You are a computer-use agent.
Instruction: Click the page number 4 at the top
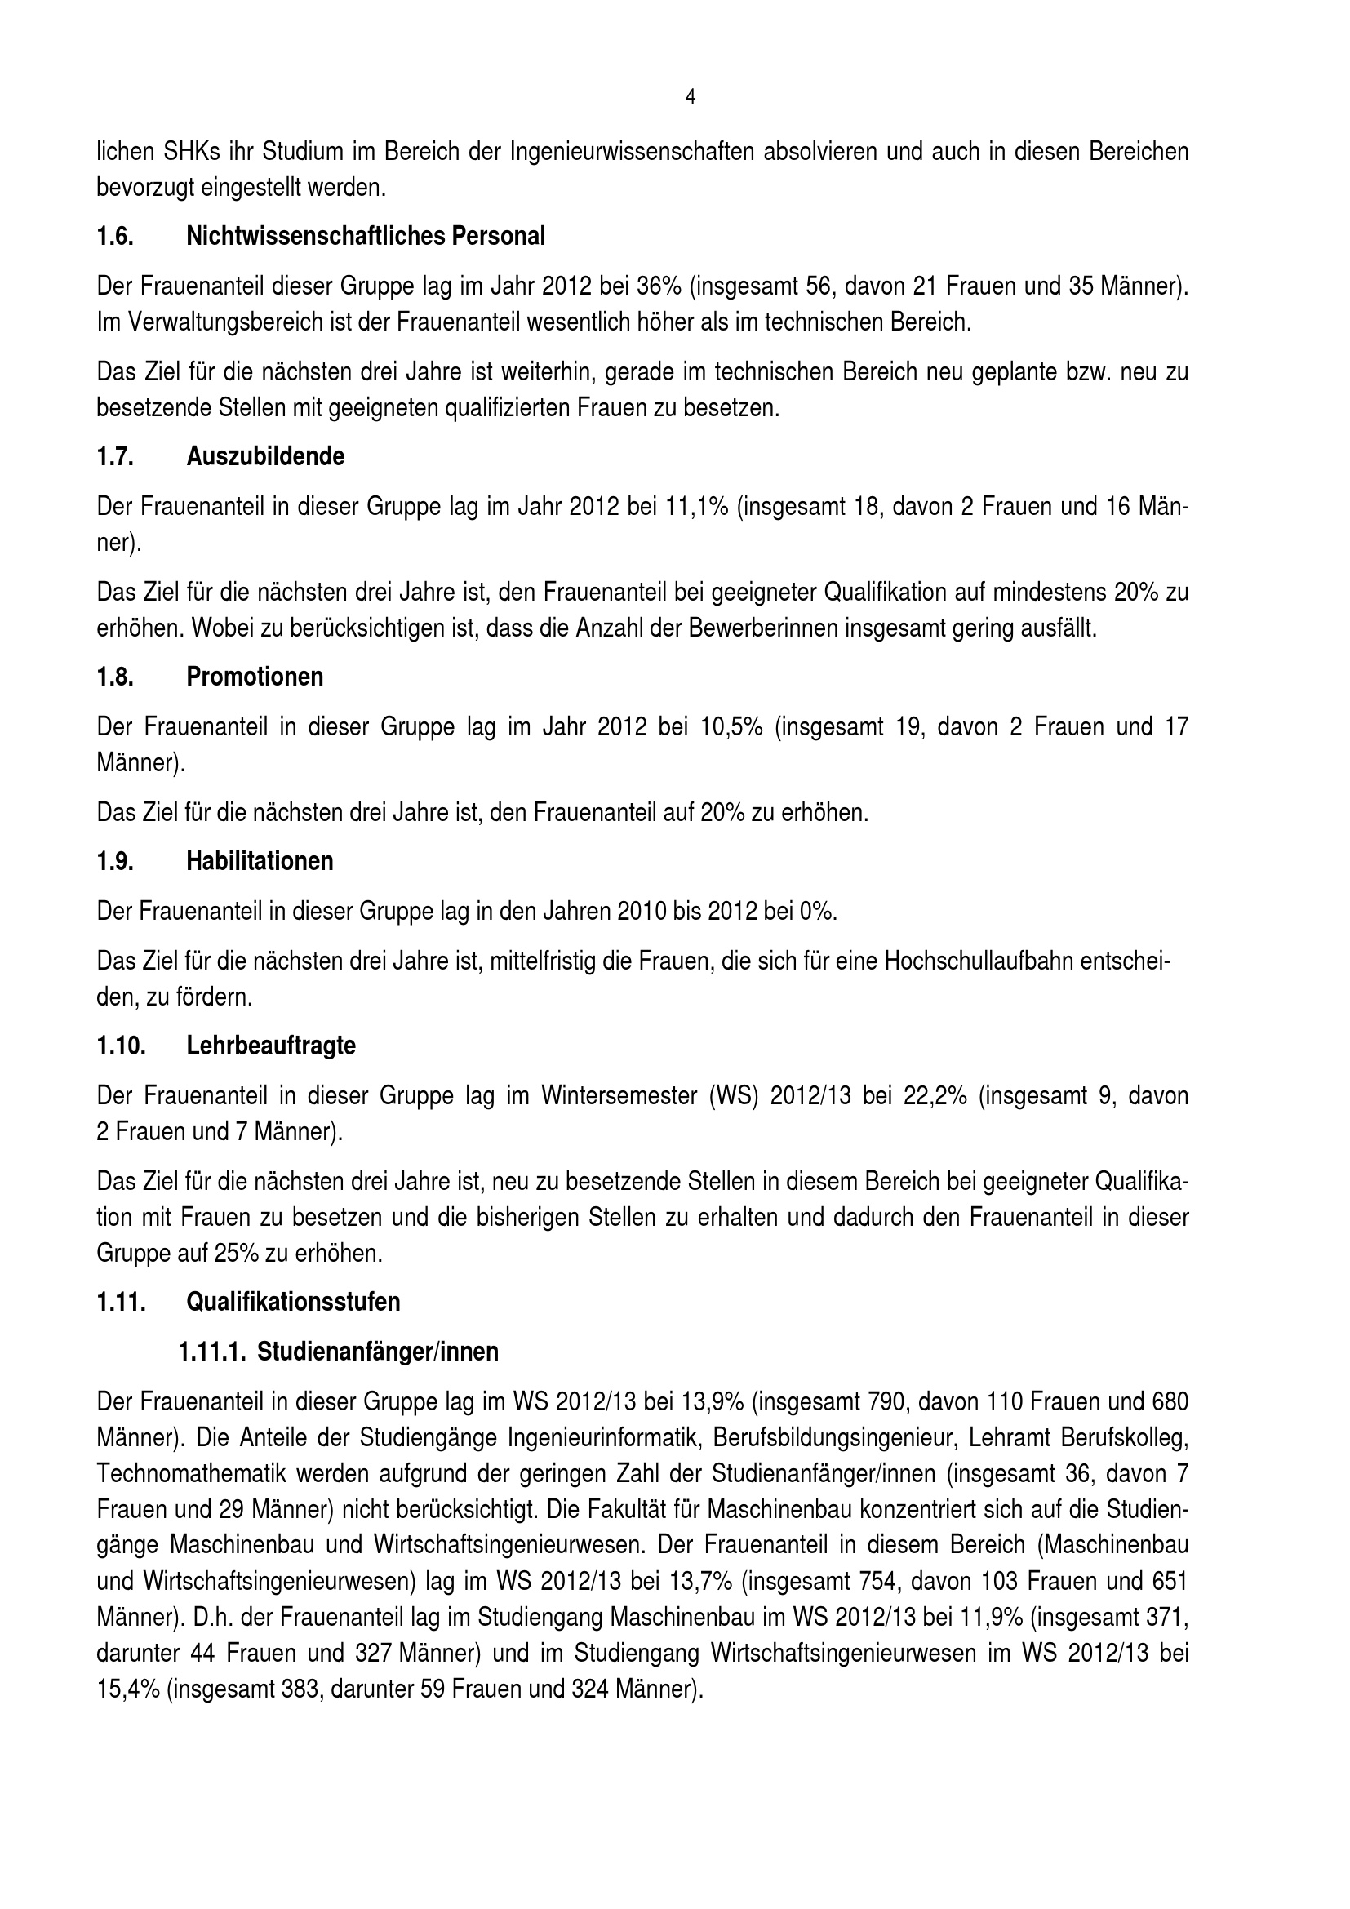pyautogui.click(x=690, y=97)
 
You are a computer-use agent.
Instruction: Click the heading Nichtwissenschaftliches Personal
pyautogui.click(x=365, y=237)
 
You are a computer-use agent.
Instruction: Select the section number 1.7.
pyautogui.click(x=115, y=457)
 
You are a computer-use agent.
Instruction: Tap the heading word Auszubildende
pyautogui.click(x=265, y=457)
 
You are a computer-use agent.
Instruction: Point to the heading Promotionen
pyautogui.click(x=255, y=677)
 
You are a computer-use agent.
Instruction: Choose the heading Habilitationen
pyautogui.click(x=260, y=861)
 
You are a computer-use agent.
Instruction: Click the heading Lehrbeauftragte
pyautogui.click(x=270, y=1046)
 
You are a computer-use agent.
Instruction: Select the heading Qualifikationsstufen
pyautogui.click(x=293, y=1302)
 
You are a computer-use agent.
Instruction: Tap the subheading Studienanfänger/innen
pyautogui.click(x=377, y=1352)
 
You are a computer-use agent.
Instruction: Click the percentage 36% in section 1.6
pyautogui.click(x=659, y=286)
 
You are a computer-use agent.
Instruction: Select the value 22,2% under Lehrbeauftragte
pyautogui.click(x=936, y=1096)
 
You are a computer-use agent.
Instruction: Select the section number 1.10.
pyautogui.click(x=121, y=1046)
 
